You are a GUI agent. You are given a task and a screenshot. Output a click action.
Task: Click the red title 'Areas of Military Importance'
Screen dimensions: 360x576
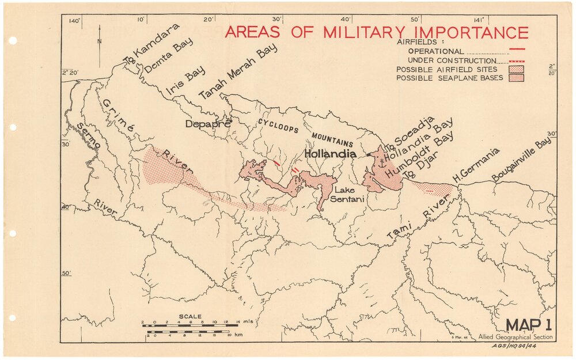376,32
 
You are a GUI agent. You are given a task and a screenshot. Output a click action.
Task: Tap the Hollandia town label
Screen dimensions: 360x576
330,154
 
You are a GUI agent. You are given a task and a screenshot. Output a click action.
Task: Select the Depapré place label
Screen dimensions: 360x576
208,123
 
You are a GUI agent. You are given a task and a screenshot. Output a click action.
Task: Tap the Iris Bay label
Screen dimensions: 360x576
185,81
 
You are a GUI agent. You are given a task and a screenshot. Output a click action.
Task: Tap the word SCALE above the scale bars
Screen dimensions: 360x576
190,316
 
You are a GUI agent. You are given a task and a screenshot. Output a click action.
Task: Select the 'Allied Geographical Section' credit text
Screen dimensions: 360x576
515,336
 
